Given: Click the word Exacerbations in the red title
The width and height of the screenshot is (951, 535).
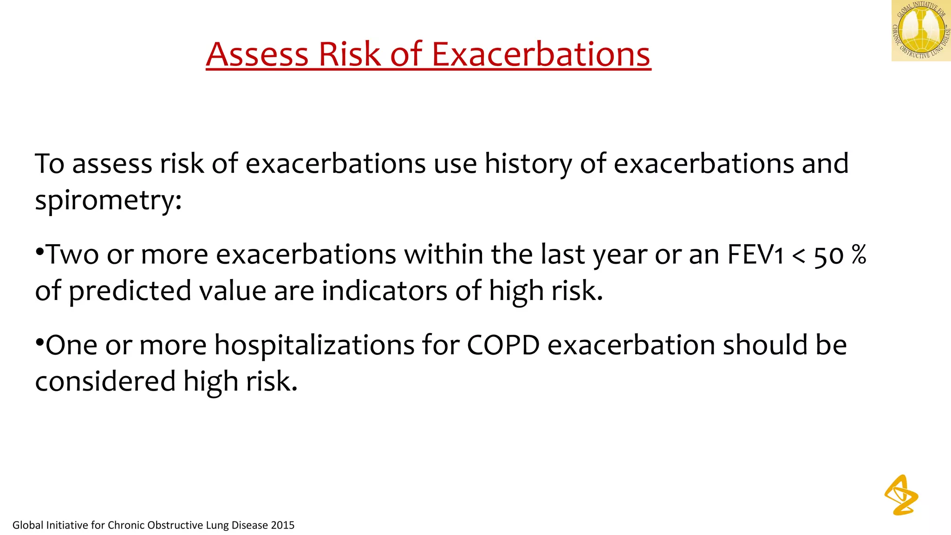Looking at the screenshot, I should click(x=541, y=54).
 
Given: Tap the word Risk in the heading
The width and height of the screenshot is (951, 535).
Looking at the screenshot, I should click(x=349, y=54).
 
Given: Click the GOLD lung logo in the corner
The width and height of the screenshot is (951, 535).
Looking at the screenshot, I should click(x=921, y=31).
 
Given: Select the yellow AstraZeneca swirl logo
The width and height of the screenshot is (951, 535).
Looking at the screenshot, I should click(x=901, y=495).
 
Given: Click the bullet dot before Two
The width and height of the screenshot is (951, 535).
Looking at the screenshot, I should click(x=39, y=252).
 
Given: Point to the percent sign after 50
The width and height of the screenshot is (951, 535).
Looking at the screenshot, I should click(x=859, y=255).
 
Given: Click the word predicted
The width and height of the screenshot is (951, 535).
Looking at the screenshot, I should click(x=130, y=291).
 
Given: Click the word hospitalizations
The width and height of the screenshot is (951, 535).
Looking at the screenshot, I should click(x=314, y=346).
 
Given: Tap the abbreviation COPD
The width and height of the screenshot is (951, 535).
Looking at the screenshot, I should click(x=503, y=346).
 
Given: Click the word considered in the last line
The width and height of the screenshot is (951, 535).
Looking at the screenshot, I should click(x=105, y=382).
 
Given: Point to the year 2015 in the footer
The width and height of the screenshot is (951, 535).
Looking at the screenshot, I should click(x=282, y=525).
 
